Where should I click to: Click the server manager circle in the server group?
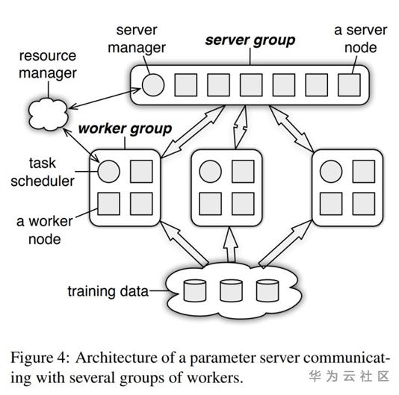[153, 84]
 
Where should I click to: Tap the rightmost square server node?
[348, 84]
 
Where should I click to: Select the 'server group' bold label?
[250, 40]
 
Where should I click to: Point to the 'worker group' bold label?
[125, 128]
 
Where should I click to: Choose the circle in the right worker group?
[330, 172]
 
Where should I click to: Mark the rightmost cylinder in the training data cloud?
[267, 290]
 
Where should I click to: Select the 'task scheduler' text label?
[43, 171]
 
